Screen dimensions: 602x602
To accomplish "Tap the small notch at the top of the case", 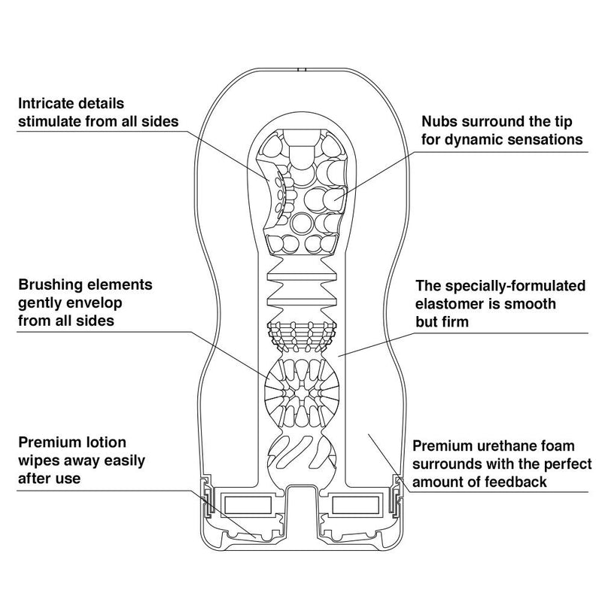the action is click(x=302, y=69).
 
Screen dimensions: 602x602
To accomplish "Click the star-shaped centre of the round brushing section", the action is click(x=302, y=392).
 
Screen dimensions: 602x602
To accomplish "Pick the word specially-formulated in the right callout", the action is click(x=516, y=286).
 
